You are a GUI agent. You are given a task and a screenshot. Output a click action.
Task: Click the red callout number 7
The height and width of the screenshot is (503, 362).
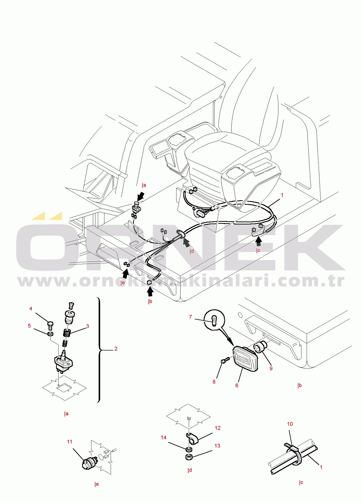pos(190,317)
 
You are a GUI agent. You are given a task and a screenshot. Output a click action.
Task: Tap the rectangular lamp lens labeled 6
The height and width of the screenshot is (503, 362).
pos(245,358)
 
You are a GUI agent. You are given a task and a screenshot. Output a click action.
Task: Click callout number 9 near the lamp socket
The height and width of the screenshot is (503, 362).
pos(271,368)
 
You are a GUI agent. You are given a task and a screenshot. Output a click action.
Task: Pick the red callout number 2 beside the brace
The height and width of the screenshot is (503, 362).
pos(116,349)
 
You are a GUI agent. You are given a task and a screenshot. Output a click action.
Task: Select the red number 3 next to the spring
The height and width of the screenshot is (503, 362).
pos(87,326)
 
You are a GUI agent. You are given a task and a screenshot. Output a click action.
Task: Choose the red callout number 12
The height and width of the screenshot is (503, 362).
pos(218,428)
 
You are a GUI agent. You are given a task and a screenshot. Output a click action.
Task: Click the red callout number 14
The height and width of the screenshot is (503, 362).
pos(163,437)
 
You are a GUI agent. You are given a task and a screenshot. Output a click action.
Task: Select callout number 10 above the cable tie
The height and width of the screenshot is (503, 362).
pos(290,424)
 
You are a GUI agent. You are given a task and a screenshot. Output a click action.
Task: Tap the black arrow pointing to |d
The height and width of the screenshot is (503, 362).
pos(186,242)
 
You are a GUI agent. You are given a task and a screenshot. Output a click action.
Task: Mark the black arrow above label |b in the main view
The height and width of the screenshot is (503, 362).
pos(150,291)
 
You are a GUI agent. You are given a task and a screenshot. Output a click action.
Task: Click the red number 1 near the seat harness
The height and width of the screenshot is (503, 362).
pos(282,195)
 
